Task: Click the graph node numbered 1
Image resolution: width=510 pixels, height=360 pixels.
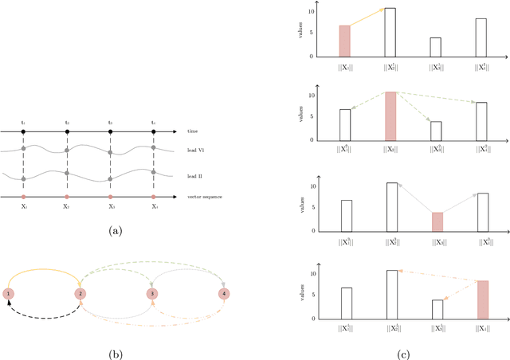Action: point(8,294)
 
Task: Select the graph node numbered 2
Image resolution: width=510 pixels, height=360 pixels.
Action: point(80,294)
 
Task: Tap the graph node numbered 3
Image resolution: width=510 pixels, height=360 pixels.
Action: point(152,294)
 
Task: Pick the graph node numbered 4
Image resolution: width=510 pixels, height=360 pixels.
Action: point(225,294)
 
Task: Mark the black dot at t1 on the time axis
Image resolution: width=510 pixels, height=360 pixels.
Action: point(23,131)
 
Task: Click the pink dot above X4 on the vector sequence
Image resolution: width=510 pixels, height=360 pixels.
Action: point(154,196)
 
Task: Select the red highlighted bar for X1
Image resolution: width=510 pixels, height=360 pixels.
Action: point(344,41)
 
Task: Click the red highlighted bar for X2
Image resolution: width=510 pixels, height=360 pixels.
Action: point(390,118)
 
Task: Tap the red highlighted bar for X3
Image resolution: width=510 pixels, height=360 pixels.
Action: point(436,221)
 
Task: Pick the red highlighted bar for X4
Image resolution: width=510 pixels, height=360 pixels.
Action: point(481,299)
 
